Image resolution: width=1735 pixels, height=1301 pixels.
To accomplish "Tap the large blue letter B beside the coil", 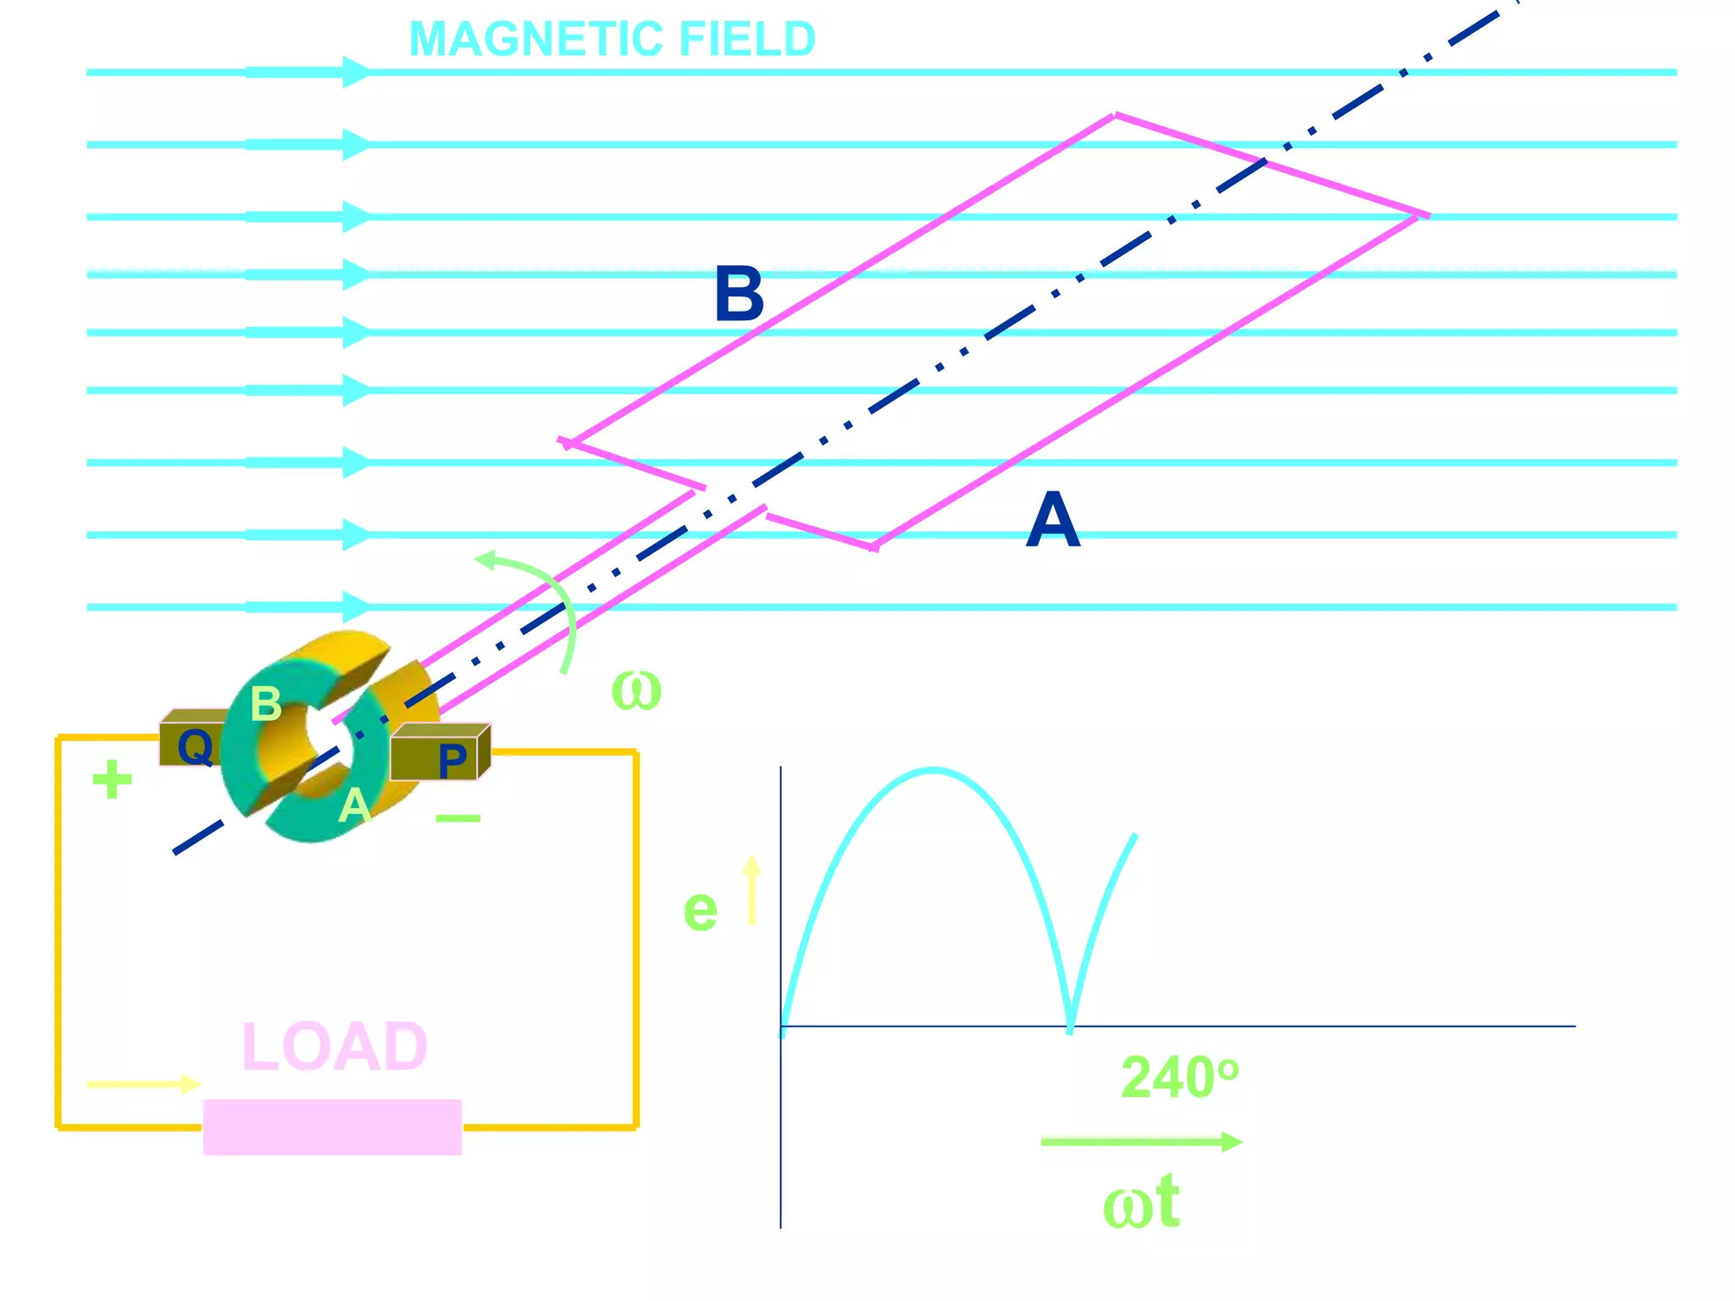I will click(739, 295).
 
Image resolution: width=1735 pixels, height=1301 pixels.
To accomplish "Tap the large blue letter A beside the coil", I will click(1053, 521).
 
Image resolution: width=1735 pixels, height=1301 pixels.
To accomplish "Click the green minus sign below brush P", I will click(458, 818).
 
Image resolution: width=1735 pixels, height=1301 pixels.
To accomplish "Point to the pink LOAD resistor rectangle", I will click(332, 1127).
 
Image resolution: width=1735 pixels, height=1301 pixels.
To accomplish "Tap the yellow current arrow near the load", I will click(144, 1084).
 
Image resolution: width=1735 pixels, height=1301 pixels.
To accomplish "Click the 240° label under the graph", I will click(1179, 1078).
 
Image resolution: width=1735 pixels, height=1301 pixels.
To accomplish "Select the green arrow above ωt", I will click(1140, 1142).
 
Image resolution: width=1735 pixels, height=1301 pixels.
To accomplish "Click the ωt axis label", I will click(1140, 1203).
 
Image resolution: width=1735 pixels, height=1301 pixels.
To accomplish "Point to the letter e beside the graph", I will click(700, 911).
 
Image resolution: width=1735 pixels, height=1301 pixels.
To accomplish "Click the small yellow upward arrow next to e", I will click(751, 889).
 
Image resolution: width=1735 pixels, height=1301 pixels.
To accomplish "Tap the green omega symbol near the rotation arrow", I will click(635, 690).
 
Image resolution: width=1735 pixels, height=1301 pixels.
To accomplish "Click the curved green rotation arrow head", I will click(486, 559).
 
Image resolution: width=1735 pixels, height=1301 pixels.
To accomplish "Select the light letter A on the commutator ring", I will click(354, 805).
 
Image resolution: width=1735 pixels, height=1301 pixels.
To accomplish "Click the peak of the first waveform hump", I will click(932, 770).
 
